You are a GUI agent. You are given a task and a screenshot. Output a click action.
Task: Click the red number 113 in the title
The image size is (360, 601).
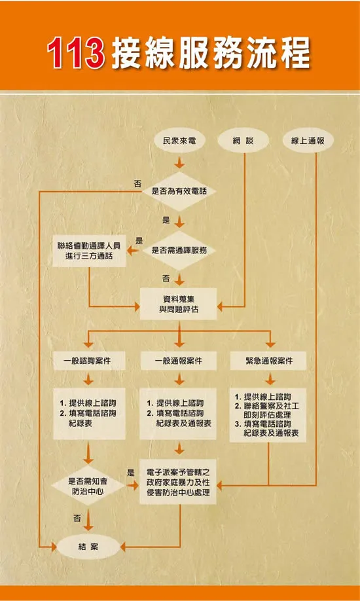pyautogui.click(x=76, y=52)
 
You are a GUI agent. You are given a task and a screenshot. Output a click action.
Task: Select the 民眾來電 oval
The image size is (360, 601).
pyautogui.click(x=179, y=141)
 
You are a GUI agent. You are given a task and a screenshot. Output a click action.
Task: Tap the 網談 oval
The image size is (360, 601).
pyautogui.click(x=243, y=141)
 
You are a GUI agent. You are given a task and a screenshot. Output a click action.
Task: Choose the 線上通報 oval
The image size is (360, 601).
pyautogui.click(x=308, y=141)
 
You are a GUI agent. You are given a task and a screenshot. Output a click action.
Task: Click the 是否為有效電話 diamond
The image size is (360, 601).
pyautogui.click(x=179, y=191)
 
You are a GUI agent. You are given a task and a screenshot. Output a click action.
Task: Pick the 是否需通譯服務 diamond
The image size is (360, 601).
pyautogui.click(x=179, y=250)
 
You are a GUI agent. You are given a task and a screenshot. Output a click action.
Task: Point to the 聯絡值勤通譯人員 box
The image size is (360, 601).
pyautogui.click(x=89, y=251)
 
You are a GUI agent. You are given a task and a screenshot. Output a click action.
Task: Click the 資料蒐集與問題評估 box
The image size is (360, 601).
pyautogui.click(x=179, y=304)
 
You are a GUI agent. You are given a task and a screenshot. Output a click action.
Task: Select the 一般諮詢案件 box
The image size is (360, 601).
pyautogui.click(x=89, y=361)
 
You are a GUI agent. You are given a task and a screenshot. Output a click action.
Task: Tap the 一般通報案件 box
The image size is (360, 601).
pyautogui.click(x=179, y=361)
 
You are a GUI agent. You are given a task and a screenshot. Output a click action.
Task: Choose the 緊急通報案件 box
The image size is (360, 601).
pyautogui.click(x=269, y=361)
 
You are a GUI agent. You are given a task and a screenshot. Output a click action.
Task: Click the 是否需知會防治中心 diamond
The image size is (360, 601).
pyautogui.click(x=88, y=485)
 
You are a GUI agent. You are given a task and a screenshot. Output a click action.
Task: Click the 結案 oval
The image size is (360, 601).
pyautogui.click(x=88, y=547)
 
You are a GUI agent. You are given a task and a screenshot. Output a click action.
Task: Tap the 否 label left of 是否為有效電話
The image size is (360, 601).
pyautogui.click(x=137, y=183)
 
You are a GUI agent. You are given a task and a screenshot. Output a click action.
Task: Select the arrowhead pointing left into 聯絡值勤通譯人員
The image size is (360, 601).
pyautogui.click(x=132, y=251)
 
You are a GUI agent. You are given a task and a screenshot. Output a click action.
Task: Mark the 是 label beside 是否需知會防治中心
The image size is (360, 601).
pyautogui.click(x=131, y=473)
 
